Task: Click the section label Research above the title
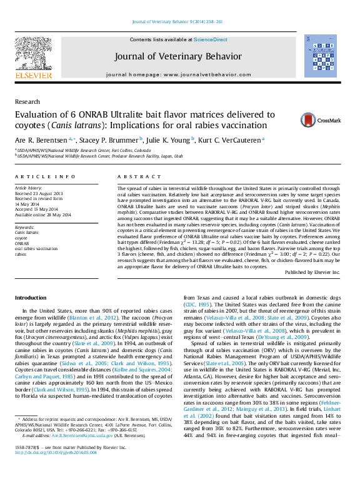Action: [x=27, y=101]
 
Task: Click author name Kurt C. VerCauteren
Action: [x=232, y=140]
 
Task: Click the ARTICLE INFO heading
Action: [x=45, y=178]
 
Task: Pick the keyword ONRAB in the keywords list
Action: [x=22, y=243]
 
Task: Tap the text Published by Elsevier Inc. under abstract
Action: [x=312, y=273]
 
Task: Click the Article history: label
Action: [x=29, y=188]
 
